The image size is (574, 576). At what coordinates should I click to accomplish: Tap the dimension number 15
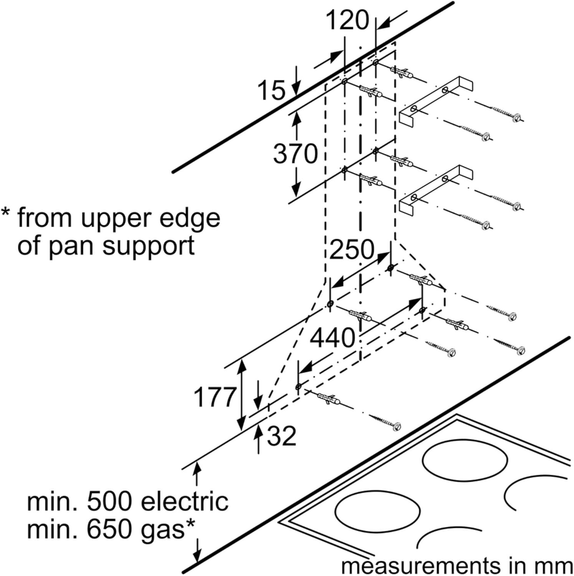coord(272,91)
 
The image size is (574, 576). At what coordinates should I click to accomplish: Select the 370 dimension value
coord(295,154)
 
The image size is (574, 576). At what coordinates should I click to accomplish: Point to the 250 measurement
coord(351,250)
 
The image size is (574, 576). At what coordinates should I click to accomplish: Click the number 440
coord(332,338)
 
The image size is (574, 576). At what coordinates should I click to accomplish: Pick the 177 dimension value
coord(214,397)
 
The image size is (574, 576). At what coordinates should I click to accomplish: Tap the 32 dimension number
coord(282,436)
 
